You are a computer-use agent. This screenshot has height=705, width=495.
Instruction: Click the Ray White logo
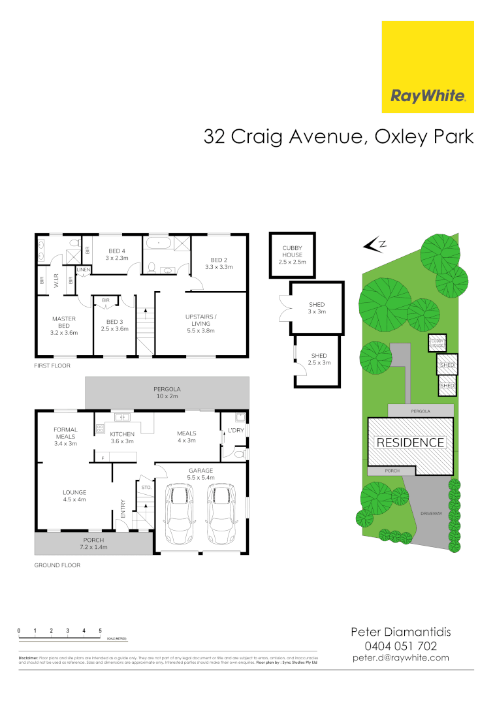428,67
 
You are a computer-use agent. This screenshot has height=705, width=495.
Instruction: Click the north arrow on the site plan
374,245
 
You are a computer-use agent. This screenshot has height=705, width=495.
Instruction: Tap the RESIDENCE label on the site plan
410,443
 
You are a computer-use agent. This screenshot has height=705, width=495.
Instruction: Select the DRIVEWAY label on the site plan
432,514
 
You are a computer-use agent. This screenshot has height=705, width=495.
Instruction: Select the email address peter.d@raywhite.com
401,658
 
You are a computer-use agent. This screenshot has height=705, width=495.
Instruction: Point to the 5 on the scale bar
100,630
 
